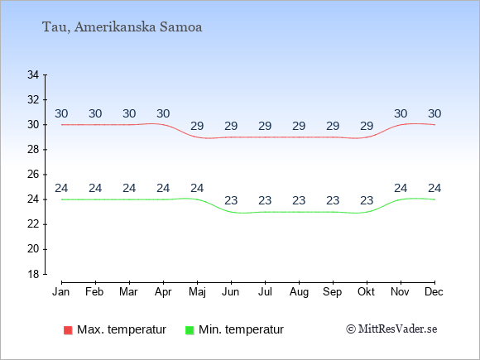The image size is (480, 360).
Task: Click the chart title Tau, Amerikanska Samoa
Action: (x=122, y=27)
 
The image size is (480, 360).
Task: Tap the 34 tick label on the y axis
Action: (x=33, y=74)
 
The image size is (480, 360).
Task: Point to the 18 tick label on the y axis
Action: (x=33, y=274)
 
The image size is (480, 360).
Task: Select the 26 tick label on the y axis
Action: (x=33, y=175)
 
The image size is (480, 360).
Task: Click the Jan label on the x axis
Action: (x=61, y=292)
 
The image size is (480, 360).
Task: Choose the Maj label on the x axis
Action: (x=197, y=292)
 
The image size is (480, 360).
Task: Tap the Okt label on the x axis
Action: (x=366, y=292)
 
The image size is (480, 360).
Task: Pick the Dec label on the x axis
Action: (x=434, y=292)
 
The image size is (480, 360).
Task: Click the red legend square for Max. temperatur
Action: (x=68, y=330)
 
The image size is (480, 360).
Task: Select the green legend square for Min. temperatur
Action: (x=190, y=330)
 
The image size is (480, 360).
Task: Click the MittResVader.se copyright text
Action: (x=391, y=329)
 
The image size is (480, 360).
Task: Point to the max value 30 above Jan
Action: (x=61, y=114)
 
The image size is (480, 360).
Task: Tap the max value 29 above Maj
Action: (x=197, y=126)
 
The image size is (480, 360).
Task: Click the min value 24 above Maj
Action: (x=197, y=188)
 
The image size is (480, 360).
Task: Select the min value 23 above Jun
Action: (x=231, y=201)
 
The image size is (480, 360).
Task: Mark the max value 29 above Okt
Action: (x=367, y=126)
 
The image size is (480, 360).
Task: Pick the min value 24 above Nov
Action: (x=401, y=188)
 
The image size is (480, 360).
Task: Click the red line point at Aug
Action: (x=299, y=137)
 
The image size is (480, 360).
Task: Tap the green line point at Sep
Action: (x=333, y=212)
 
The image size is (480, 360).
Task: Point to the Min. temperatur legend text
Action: (x=241, y=329)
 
